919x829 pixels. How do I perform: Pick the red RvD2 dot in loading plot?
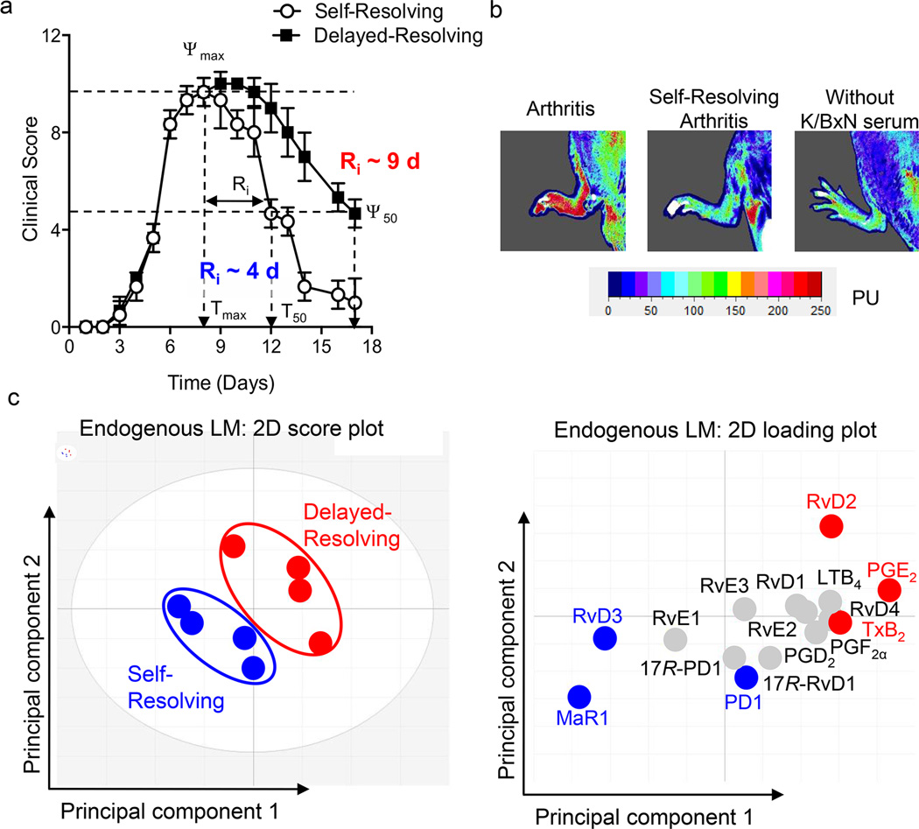pos(831,526)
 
